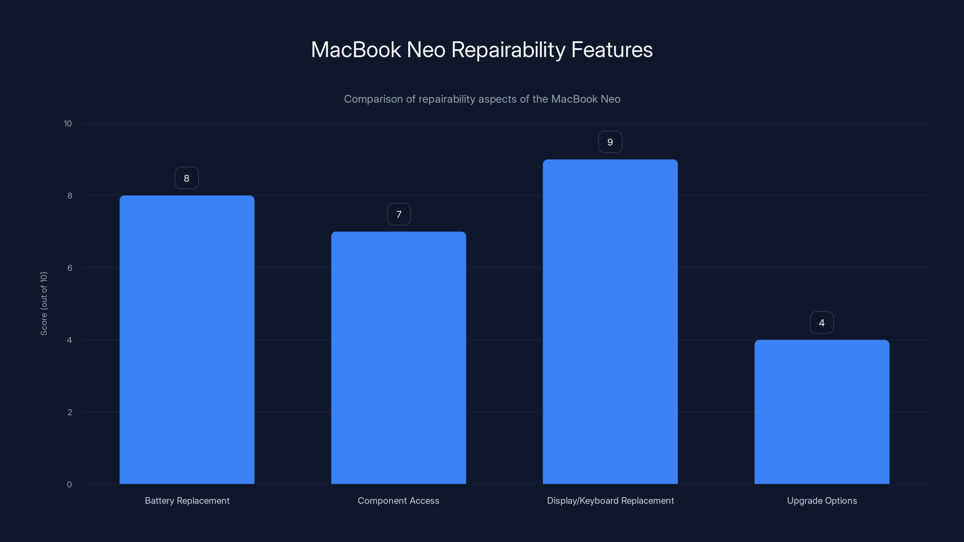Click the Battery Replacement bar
(187, 340)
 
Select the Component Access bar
(399, 358)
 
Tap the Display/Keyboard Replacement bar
(610, 322)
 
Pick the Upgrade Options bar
(822, 412)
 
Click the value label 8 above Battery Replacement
(187, 178)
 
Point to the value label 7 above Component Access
(399, 214)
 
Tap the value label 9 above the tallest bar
(610, 142)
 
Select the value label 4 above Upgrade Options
(822, 323)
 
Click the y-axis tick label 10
(68, 124)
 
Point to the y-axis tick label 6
(70, 268)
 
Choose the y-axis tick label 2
(70, 412)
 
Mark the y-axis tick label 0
(69, 484)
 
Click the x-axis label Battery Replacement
(187, 500)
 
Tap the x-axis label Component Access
(398, 500)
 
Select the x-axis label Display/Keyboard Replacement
(610, 500)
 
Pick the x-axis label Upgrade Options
(822, 500)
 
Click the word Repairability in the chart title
(508, 50)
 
